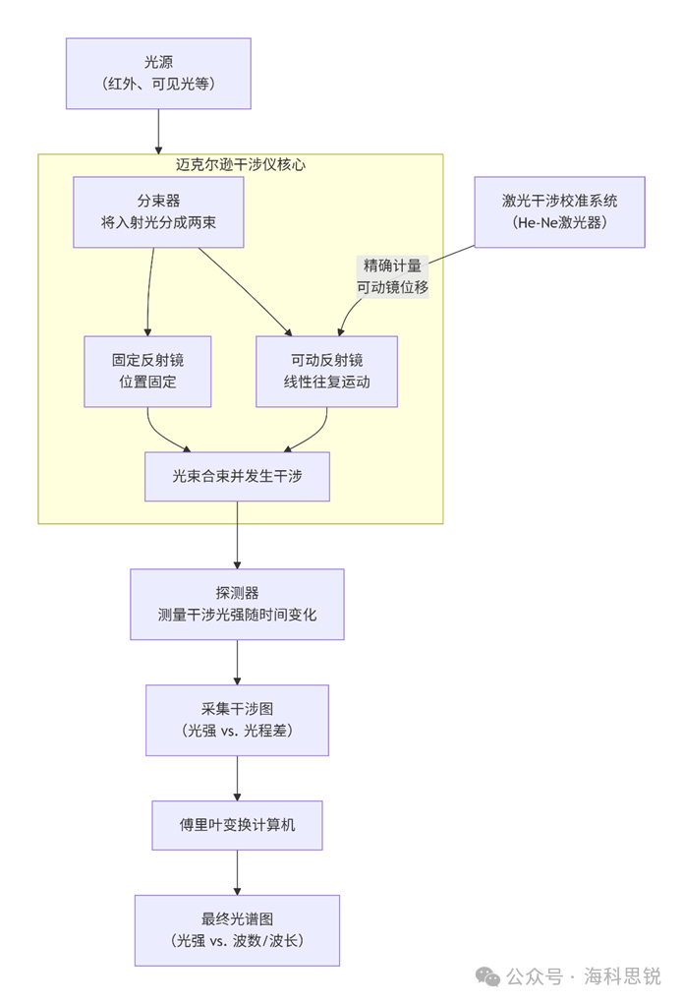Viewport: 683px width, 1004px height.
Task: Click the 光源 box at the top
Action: (158, 74)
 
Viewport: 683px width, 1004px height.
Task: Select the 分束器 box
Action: (158, 211)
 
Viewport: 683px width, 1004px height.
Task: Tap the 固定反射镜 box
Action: (147, 371)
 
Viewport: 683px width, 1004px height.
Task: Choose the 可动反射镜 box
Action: (326, 371)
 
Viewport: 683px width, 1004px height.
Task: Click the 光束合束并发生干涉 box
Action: (237, 476)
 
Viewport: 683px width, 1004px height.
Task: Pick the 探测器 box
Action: (237, 604)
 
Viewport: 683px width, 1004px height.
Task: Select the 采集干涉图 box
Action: (237, 720)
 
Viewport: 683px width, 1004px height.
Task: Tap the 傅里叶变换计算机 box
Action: (237, 825)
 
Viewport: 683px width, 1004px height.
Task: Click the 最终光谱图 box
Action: (237, 930)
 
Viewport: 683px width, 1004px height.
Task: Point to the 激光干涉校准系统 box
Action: (559, 211)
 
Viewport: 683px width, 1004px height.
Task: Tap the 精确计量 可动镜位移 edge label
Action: (392, 276)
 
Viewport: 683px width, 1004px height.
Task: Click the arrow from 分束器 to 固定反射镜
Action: (149, 291)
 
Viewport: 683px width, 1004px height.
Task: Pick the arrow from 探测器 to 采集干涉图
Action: (237, 662)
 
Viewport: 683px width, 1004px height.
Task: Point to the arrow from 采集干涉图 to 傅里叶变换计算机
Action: (237, 778)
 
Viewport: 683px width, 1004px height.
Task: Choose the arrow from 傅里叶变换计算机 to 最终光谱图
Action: (237, 872)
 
